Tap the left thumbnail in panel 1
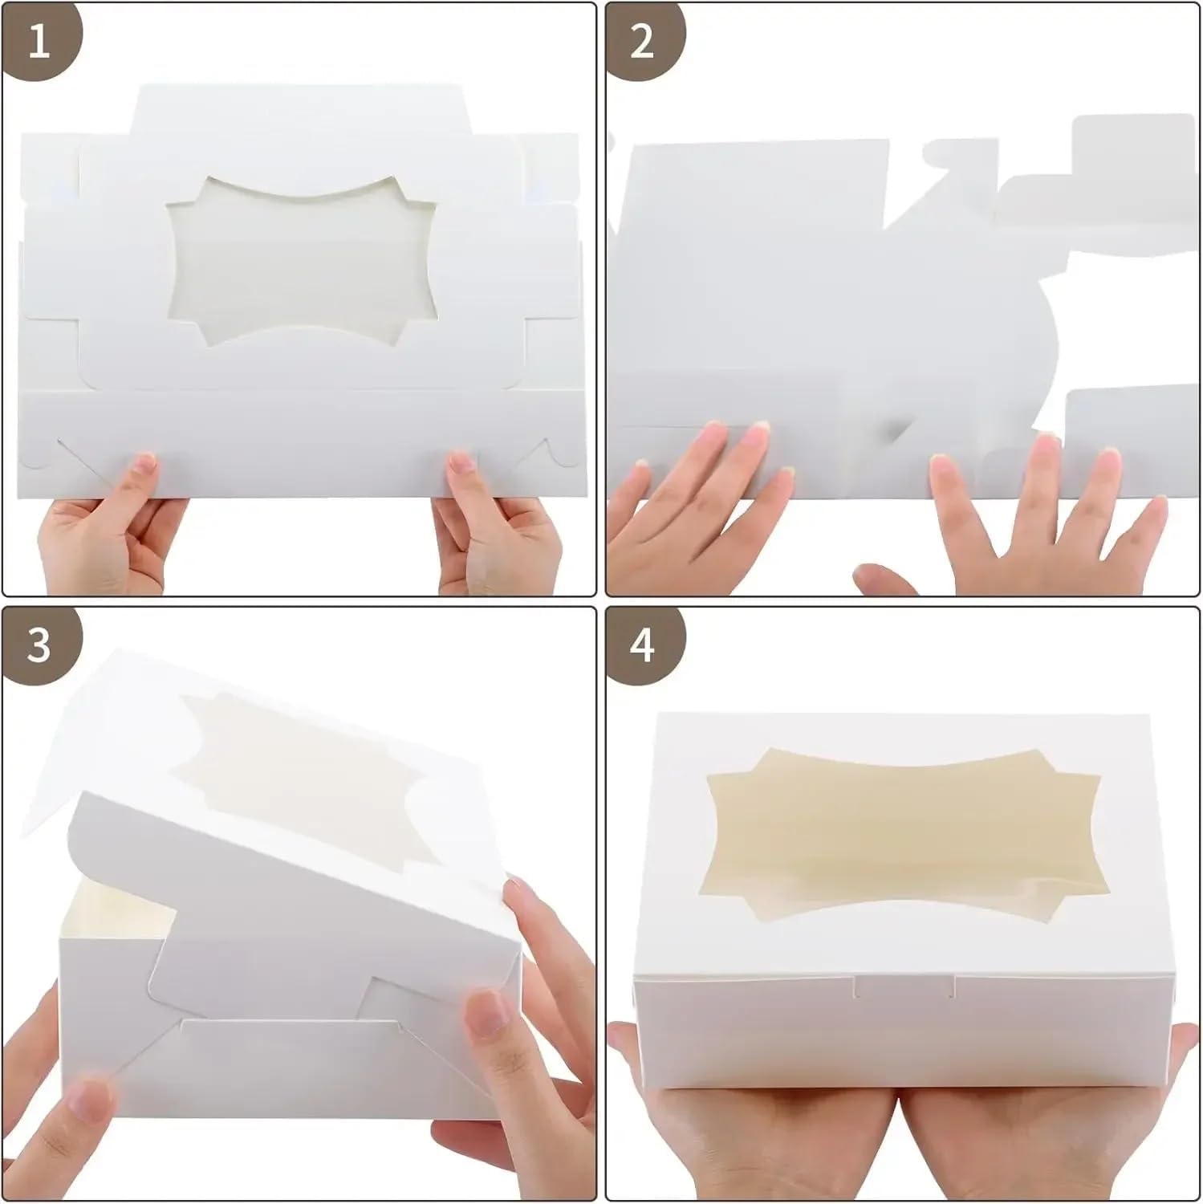[144, 465]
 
